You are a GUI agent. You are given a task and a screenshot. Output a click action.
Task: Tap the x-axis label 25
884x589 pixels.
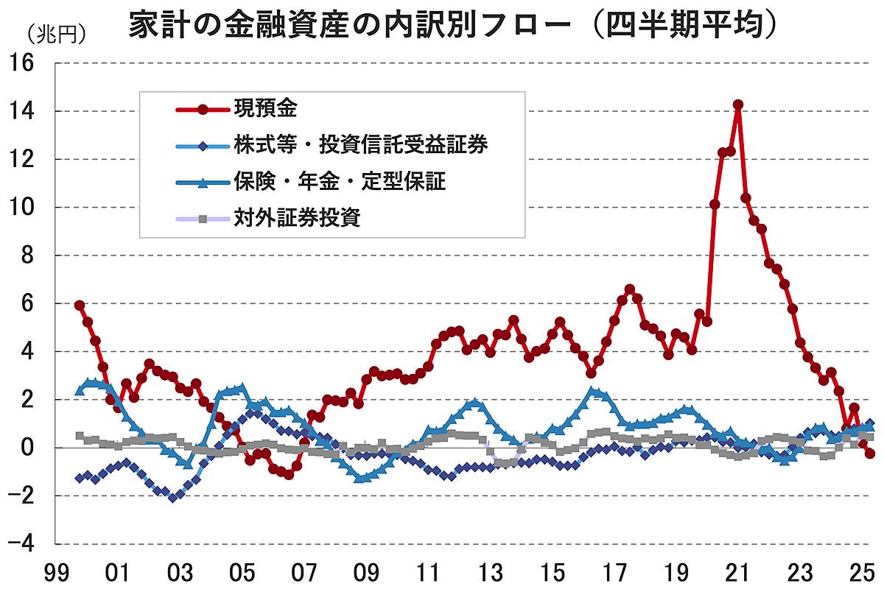point(863,571)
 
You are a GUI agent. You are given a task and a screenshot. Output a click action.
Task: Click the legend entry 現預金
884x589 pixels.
point(266,109)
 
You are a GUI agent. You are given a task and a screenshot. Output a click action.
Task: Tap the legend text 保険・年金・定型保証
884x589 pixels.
point(340,182)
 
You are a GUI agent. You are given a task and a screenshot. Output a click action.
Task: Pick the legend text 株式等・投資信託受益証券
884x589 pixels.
point(361,145)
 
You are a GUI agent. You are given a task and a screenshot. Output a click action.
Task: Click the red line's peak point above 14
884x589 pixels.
point(738,105)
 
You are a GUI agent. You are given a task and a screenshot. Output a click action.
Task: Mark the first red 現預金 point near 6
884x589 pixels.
point(80,305)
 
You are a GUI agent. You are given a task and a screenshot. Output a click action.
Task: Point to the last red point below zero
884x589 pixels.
point(870,454)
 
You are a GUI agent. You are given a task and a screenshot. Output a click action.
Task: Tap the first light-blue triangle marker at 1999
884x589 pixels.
point(80,391)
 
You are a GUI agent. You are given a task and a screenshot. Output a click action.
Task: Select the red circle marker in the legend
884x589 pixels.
point(203,109)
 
